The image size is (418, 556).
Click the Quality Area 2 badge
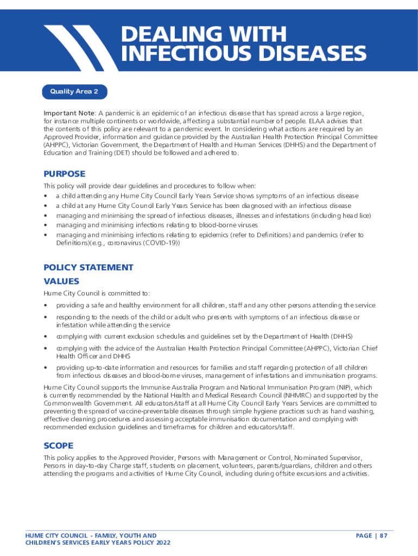point(74,92)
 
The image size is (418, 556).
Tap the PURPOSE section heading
point(64,174)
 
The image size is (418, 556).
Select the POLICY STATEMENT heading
point(88,267)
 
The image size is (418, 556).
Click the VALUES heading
point(61,281)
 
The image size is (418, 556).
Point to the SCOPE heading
point(58,445)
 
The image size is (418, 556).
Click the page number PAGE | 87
point(371,536)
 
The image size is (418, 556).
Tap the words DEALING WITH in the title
point(203,34)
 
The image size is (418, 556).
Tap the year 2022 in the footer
point(162,543)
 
